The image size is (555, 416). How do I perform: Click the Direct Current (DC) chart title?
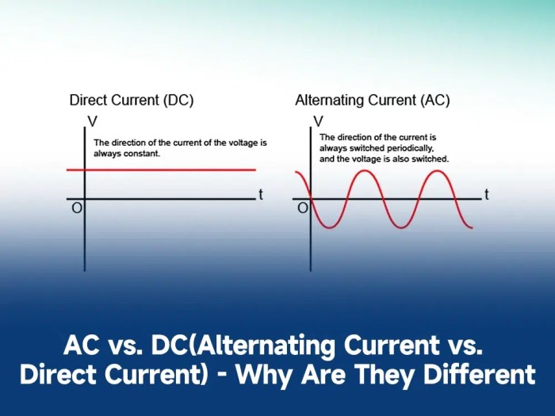(x=132, y=101)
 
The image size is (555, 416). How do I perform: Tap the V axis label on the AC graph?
(x=318, y=121)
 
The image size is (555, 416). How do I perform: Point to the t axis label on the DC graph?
(x=260, y=195)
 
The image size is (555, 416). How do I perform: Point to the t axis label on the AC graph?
(x=486, y=195)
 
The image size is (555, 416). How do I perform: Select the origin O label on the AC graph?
(x=301, y=208)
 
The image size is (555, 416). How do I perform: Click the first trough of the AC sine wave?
(x=324, y=227)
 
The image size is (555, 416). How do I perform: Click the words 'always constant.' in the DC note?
(x=127, y=154)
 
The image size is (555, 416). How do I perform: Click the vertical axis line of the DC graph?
(x=84, y=238)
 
